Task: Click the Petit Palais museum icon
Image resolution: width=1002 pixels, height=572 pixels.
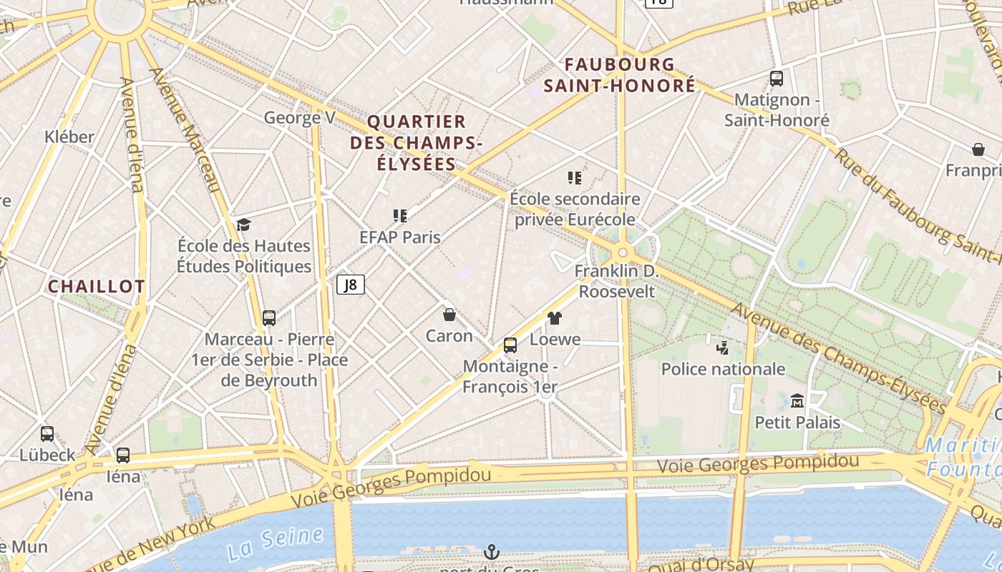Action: click(797, 400)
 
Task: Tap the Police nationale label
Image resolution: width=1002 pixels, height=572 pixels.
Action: click(723, 369)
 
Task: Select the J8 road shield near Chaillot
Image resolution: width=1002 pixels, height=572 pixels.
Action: click(351, 285)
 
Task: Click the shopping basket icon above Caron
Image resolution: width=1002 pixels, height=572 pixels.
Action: click(449, 314)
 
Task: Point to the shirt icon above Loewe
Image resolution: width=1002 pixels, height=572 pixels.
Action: click(555, 318)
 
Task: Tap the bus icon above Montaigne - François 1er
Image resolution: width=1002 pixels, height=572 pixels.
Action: click(510, 345)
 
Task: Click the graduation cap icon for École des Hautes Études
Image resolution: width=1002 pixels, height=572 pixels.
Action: click(243, 225)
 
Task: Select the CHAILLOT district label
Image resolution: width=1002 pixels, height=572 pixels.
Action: click(97, 287)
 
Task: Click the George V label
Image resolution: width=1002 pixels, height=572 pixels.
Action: click(299, 117)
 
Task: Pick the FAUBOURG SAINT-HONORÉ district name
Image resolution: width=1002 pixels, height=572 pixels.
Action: click(619, 75)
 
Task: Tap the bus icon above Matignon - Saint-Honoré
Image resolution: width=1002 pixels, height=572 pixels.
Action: click(777, 79)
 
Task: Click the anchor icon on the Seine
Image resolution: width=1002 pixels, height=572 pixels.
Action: click(491, 552)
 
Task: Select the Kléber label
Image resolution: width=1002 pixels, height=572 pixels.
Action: click(69, 137)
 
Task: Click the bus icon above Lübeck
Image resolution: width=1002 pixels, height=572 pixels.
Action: click(47, 433)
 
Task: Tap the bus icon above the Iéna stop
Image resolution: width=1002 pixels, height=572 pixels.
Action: click(123, 455)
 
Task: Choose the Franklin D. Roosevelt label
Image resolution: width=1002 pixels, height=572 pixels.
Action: click(616, 281)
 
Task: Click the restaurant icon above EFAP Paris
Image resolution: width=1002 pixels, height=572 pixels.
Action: click(400, 215)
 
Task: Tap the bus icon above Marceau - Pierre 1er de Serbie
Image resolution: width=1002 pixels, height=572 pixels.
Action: click(269, 317)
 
